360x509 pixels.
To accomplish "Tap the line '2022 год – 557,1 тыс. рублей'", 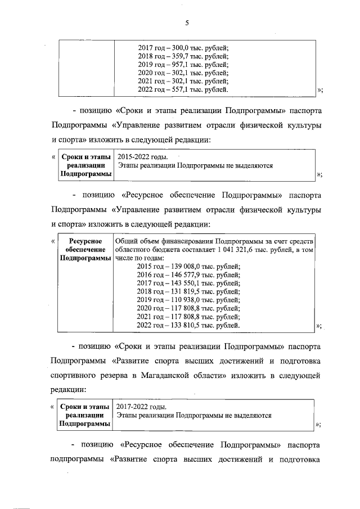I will (x=183, y=89).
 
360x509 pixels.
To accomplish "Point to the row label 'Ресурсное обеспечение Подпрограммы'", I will (x=86, y=249).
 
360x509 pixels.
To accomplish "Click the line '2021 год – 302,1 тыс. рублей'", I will (x=183, y=81).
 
